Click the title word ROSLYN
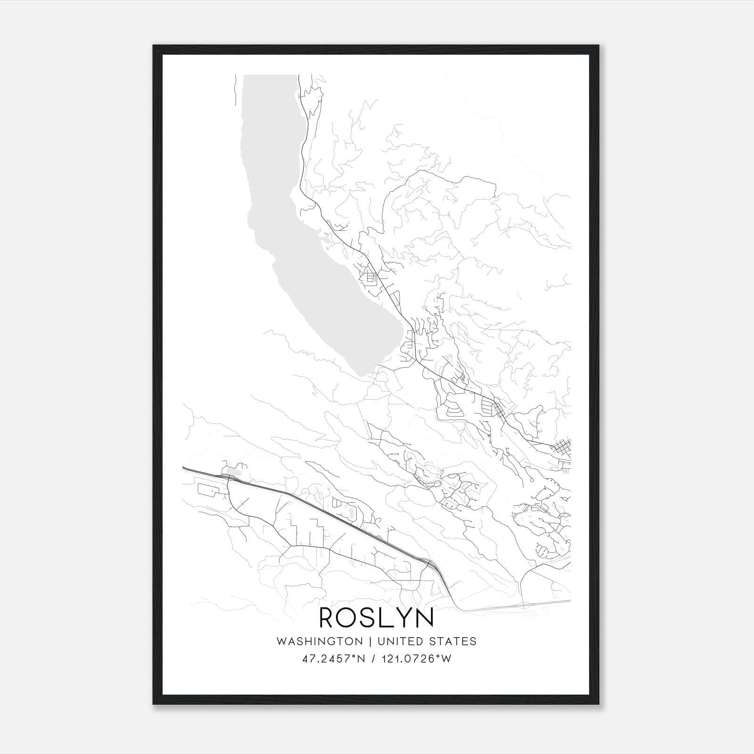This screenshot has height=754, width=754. (x=377, y=618)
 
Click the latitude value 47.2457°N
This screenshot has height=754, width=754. (x=334, y=659)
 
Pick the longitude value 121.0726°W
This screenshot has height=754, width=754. (x=418, y=659)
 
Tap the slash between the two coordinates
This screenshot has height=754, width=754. (x=373, y=659)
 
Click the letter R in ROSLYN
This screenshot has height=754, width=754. (x=328, y=618)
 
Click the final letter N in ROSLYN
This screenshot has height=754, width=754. (x=425, y=618)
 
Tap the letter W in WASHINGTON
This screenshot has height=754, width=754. (x=281, y=641)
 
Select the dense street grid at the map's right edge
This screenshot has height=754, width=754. (x=562, y=448)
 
